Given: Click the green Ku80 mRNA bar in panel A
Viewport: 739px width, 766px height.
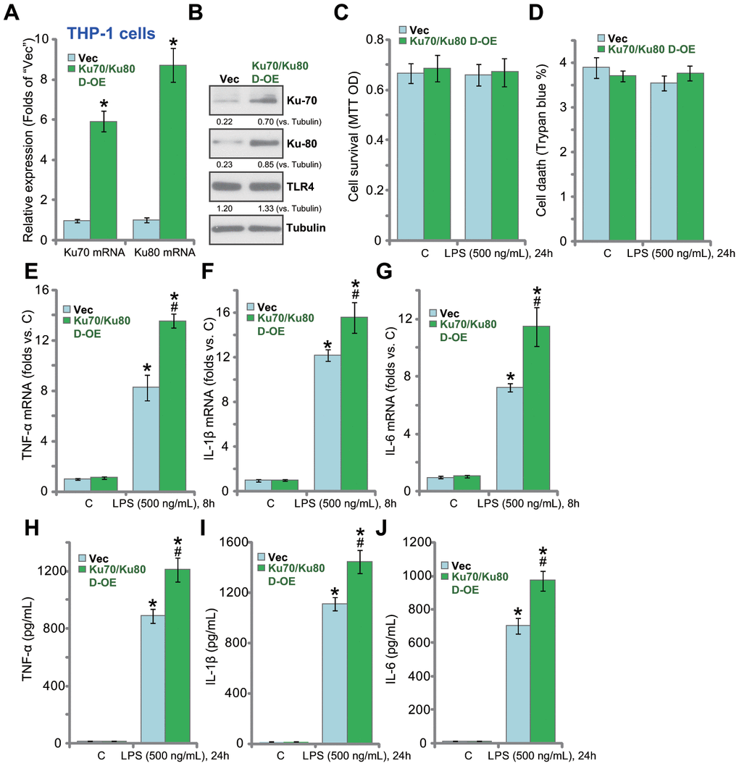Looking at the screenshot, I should coord(174,152).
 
